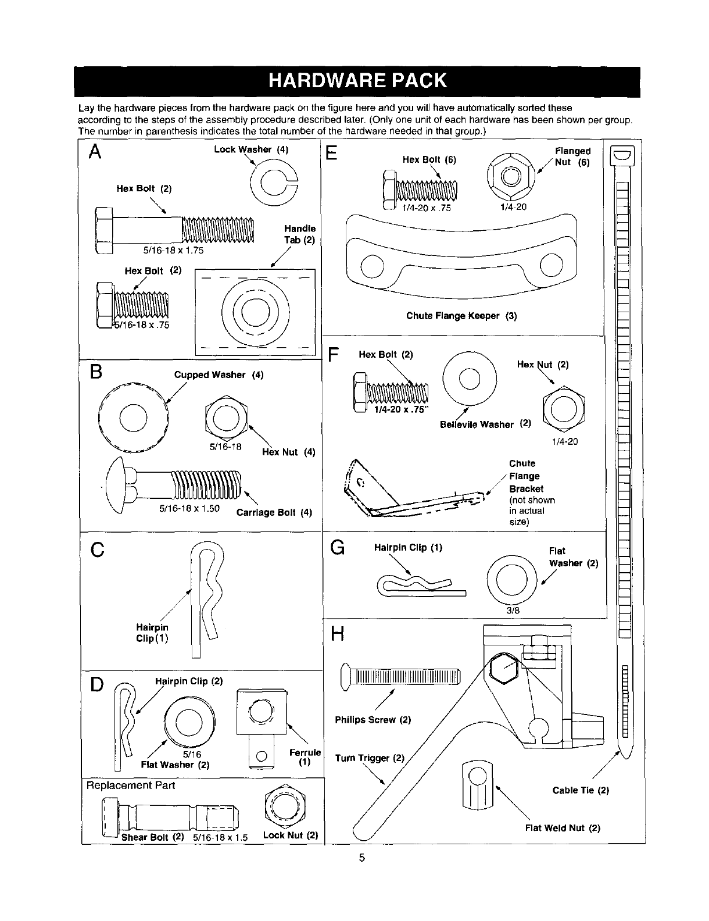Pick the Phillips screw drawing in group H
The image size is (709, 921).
402,678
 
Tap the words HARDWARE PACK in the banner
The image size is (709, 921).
357,81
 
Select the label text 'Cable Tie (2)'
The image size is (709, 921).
581,790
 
